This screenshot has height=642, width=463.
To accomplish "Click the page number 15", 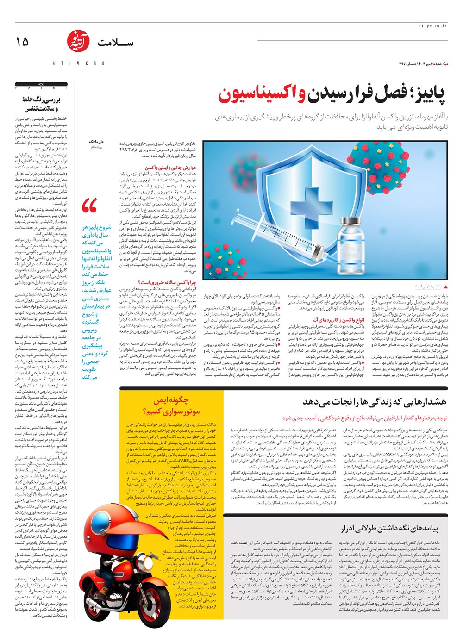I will coord(22,42).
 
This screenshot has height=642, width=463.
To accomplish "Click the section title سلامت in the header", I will coord(115,43).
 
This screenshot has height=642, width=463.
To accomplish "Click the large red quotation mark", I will coord(89,205).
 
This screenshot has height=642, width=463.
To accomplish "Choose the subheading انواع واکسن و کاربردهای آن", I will coord(338,319).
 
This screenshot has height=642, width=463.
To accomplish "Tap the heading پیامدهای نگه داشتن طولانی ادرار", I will coord(389,528).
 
